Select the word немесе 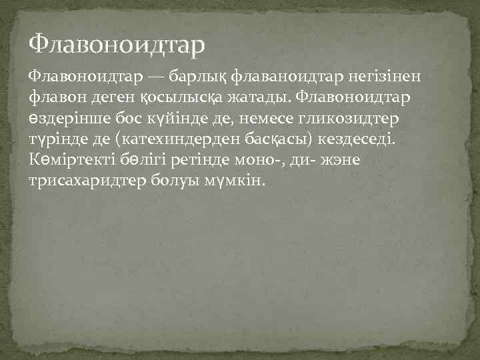[256, 119]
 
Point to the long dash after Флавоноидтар [155, 77]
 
